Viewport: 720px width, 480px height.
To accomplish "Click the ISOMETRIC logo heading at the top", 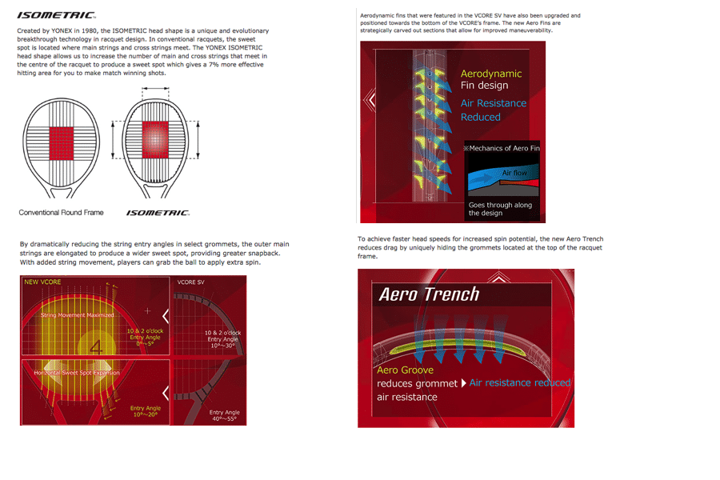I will [56, 15].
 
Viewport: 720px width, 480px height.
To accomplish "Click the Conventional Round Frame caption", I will [62, 213].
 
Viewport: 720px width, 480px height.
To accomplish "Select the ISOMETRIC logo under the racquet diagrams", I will [158, 213].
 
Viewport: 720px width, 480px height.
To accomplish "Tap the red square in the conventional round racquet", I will [61, 138].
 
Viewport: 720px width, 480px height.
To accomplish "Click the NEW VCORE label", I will [42, 282].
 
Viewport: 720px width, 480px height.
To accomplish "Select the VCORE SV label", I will [190, 282].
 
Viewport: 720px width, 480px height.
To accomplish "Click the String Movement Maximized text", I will [78, 315].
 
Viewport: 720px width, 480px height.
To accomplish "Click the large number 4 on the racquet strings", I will [97, 347].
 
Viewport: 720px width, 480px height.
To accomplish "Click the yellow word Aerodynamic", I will [490, 74].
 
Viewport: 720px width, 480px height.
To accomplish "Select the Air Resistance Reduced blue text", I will [493, 110].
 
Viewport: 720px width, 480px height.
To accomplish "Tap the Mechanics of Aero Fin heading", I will [501, 149].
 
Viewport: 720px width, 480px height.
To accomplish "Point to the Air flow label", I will [513, 173].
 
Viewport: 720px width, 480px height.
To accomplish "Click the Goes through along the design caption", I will [500, 209].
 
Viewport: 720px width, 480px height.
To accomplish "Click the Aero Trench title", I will [429, 294].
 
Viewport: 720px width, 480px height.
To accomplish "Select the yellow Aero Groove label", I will [405, 370].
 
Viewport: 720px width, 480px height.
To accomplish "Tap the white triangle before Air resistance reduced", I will [464, 383].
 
